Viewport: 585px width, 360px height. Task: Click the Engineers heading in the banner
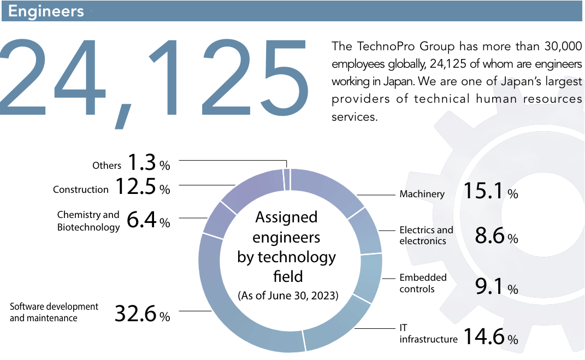point(46,11)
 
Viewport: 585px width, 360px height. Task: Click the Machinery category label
point(422,194)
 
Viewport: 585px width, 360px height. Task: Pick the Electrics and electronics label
point(426,235)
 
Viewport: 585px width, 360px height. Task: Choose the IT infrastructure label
point(428,334)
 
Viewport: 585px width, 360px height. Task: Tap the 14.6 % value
point(490,337)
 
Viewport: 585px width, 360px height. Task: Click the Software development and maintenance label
point(54,312)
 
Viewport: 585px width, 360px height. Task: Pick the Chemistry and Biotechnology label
point(88,221)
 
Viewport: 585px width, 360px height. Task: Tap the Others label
point(107,165)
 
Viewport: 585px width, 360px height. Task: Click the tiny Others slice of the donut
point(287,179)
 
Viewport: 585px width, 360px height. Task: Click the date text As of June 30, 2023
point(288,296)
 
